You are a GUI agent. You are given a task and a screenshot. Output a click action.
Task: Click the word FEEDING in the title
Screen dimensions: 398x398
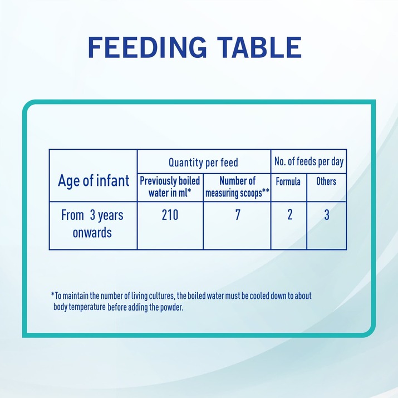[147, 47]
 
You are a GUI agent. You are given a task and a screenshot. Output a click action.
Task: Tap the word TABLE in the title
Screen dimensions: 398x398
[259, 47]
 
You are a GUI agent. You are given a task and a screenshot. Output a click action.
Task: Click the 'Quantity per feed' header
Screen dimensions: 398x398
[203, 163]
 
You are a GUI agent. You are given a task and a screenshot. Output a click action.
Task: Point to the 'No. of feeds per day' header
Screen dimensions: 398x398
[309, 161]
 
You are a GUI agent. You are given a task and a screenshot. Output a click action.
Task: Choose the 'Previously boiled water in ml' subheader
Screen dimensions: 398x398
[170, 187]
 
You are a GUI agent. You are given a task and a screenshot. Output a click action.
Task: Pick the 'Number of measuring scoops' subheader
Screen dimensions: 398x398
[237, 187]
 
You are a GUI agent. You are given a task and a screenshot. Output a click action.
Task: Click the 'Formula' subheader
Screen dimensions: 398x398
[288, 181]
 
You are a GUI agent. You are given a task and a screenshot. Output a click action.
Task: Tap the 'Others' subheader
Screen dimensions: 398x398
[326, 181]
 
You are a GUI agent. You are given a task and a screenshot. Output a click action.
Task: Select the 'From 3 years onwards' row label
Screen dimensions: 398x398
[92, 224]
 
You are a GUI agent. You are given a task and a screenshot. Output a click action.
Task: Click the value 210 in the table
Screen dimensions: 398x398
[170, 215]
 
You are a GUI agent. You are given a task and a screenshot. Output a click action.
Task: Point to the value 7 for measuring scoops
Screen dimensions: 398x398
[238, 215]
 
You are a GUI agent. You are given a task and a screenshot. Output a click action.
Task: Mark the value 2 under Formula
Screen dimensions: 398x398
[290, 214]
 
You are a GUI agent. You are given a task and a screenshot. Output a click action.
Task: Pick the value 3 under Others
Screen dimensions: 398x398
[327, 215]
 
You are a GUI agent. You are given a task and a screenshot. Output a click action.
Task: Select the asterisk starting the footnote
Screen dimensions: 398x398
[53, 294]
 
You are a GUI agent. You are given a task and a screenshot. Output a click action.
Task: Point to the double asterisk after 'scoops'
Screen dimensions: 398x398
[266, 191]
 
